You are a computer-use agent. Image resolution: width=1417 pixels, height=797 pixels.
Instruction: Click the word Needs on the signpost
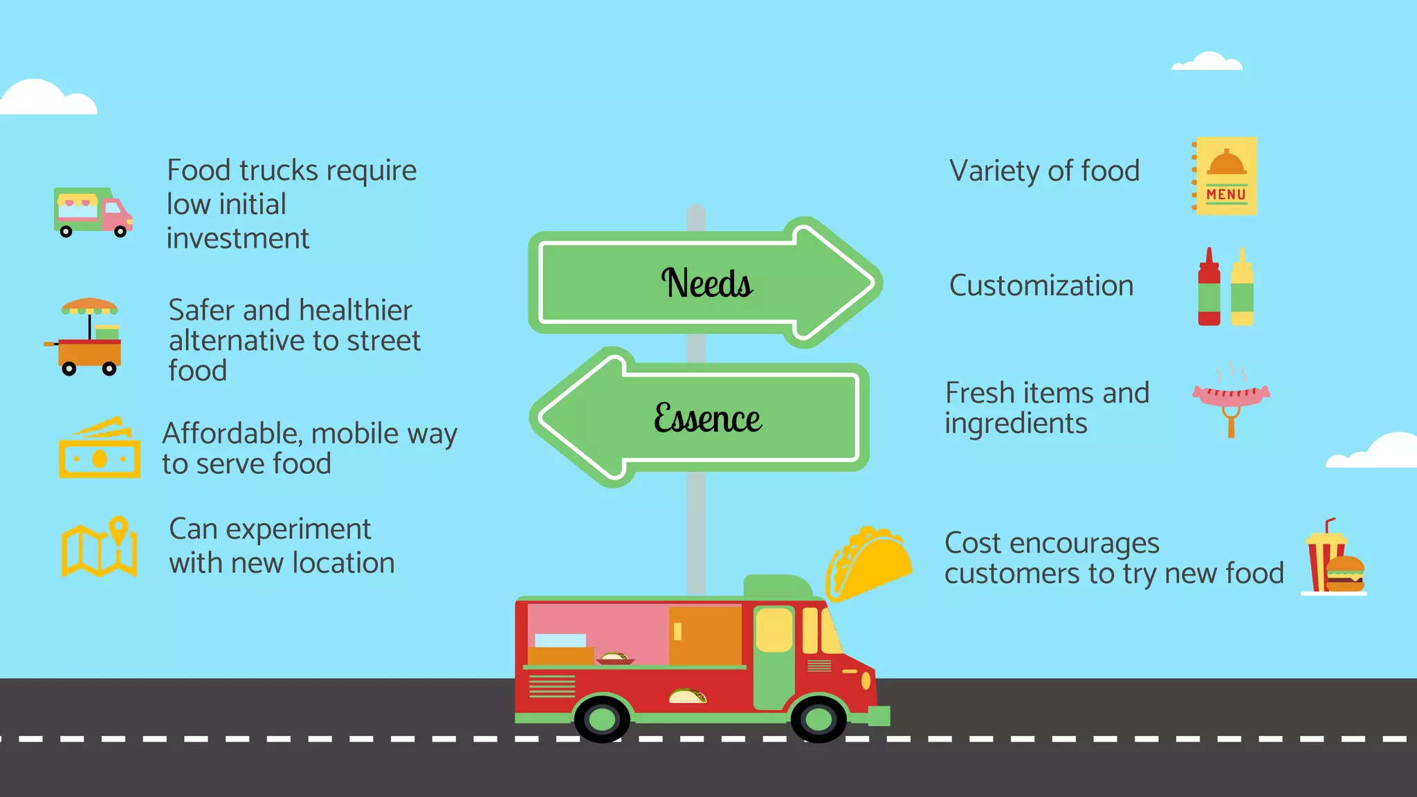pyautogui.click(x=706, y=283)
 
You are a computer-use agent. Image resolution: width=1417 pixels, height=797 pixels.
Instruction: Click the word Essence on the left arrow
pyautogui.click(x=707, y=419)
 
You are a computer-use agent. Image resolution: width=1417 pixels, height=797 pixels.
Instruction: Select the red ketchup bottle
pyautogui.click(x=1209, y=287)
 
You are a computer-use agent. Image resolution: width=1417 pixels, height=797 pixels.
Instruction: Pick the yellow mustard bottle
pyautogui.click(x=1242, y=287)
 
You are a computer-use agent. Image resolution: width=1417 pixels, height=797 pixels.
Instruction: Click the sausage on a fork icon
pyautogui.click(x=1231, y=397)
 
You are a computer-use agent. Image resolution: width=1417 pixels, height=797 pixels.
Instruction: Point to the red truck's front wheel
pyautogui.click(x=819, y=719)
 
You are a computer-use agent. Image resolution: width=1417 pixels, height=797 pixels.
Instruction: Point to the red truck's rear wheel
pyautogui.click(x=602, y=719)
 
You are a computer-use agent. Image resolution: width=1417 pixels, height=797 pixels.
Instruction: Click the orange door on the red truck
pyautogui.click(x=705, y=635)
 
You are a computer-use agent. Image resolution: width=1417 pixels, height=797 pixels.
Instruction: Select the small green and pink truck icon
pyautogui.click(x=93, y=212)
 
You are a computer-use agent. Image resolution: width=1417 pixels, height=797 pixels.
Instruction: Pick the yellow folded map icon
pyautogui.click(x=99, y=548)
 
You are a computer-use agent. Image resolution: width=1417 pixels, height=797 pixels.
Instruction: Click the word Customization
pyautogui.click(x=1041, y=286)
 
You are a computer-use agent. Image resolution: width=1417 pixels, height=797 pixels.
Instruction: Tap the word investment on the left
pyautogui.click(x=237, y=239)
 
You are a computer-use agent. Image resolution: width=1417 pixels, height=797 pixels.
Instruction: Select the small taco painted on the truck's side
pyautogui.click(x=687, y=695)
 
